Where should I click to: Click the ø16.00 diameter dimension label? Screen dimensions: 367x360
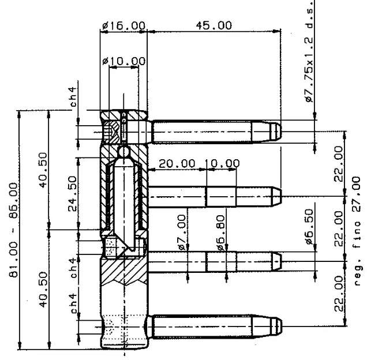(124, 25)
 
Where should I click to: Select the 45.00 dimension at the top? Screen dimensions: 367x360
(214, 25)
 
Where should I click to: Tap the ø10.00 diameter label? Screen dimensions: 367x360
(124, 61)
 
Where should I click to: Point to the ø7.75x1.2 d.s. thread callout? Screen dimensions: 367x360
(309, 52)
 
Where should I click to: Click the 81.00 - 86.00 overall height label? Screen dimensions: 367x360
(13, 230)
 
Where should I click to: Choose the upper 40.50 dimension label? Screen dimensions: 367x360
(43, 170)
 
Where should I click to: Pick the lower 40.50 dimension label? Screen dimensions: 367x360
(43, 290)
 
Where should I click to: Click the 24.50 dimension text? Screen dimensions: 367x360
(72, 194)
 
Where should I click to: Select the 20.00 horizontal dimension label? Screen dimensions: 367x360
(177, 164)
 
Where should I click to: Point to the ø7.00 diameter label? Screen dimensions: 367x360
(182, 232)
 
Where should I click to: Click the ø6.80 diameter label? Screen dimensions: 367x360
(220, 233)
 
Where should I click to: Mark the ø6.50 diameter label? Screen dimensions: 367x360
(309, 227)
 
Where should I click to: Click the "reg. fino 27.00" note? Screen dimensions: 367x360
(357, 231)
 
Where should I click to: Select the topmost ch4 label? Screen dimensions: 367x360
(73, 97)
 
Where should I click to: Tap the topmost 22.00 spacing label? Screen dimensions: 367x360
(339, 164)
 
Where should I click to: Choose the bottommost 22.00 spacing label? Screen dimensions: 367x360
(339, 294)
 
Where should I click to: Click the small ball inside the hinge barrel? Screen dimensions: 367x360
(123, 152)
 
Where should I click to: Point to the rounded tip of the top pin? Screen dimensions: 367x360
(279, 132)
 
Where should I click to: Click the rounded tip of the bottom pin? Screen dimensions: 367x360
(279, 327)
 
